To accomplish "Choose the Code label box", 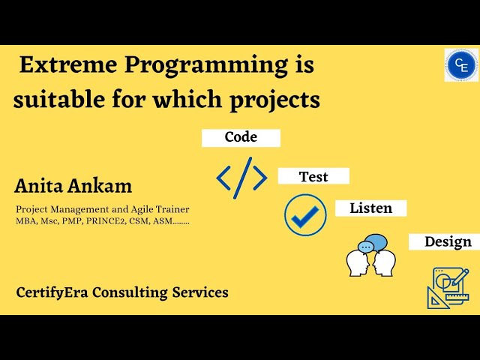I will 241,137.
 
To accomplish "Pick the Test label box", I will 313,176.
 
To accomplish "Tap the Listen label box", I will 370,208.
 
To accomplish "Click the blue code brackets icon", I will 241,178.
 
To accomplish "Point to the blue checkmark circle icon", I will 305,215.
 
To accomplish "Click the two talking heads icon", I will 371,259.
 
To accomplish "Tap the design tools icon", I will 448,288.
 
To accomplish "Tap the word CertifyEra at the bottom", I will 49,292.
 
